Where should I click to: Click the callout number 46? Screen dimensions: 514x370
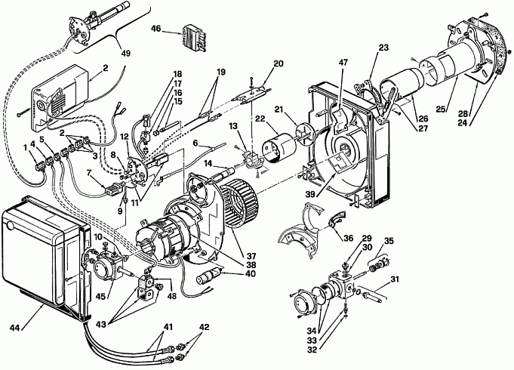(x=155, y=29)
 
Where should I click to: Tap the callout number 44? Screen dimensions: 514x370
(x=15, y=328)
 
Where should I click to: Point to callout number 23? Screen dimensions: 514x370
(x=383, y=48)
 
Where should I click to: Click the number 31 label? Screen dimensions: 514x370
(x=395, y=279)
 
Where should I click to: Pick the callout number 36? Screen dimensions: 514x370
(x=348, y=238)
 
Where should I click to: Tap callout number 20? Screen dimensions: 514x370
(x=278, y=63)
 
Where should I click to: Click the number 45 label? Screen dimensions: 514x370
(x=100, y=297)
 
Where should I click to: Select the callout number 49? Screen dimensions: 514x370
(x=125, y=53)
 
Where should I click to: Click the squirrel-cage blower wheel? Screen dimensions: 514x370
(x=240, y=206)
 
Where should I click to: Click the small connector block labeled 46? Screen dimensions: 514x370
(x=195, y=38)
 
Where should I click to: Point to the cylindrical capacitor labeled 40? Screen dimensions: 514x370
(x=207, y=276)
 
